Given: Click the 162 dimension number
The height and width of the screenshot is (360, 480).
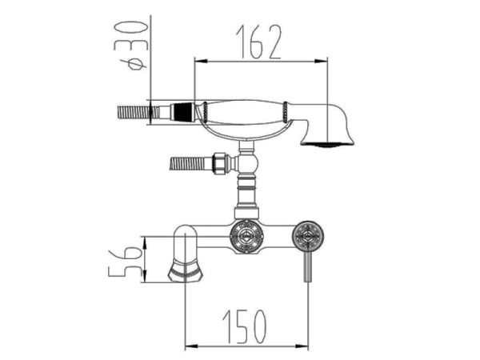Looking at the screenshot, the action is (258, 42).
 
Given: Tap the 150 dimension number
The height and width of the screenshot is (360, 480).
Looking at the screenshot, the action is (245, 326).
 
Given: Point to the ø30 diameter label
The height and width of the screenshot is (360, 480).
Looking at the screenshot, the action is (130, 46).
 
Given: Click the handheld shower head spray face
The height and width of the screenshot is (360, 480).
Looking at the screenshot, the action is (327, 144).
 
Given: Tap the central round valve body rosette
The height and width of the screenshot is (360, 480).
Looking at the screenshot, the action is (246, 238).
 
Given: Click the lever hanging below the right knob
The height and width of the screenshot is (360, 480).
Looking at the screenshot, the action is (308, 266).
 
